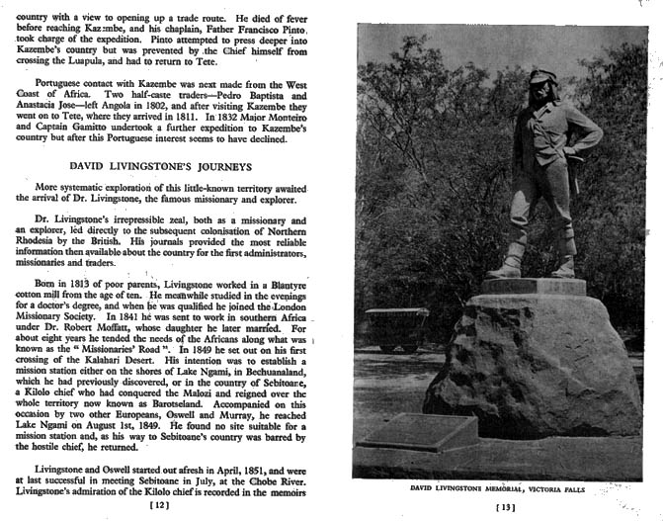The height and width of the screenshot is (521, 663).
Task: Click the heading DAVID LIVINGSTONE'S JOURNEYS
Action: point(169,165)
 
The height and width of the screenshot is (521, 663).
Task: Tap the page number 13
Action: point(506,508)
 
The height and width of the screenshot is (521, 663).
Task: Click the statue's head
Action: point(541,79)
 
